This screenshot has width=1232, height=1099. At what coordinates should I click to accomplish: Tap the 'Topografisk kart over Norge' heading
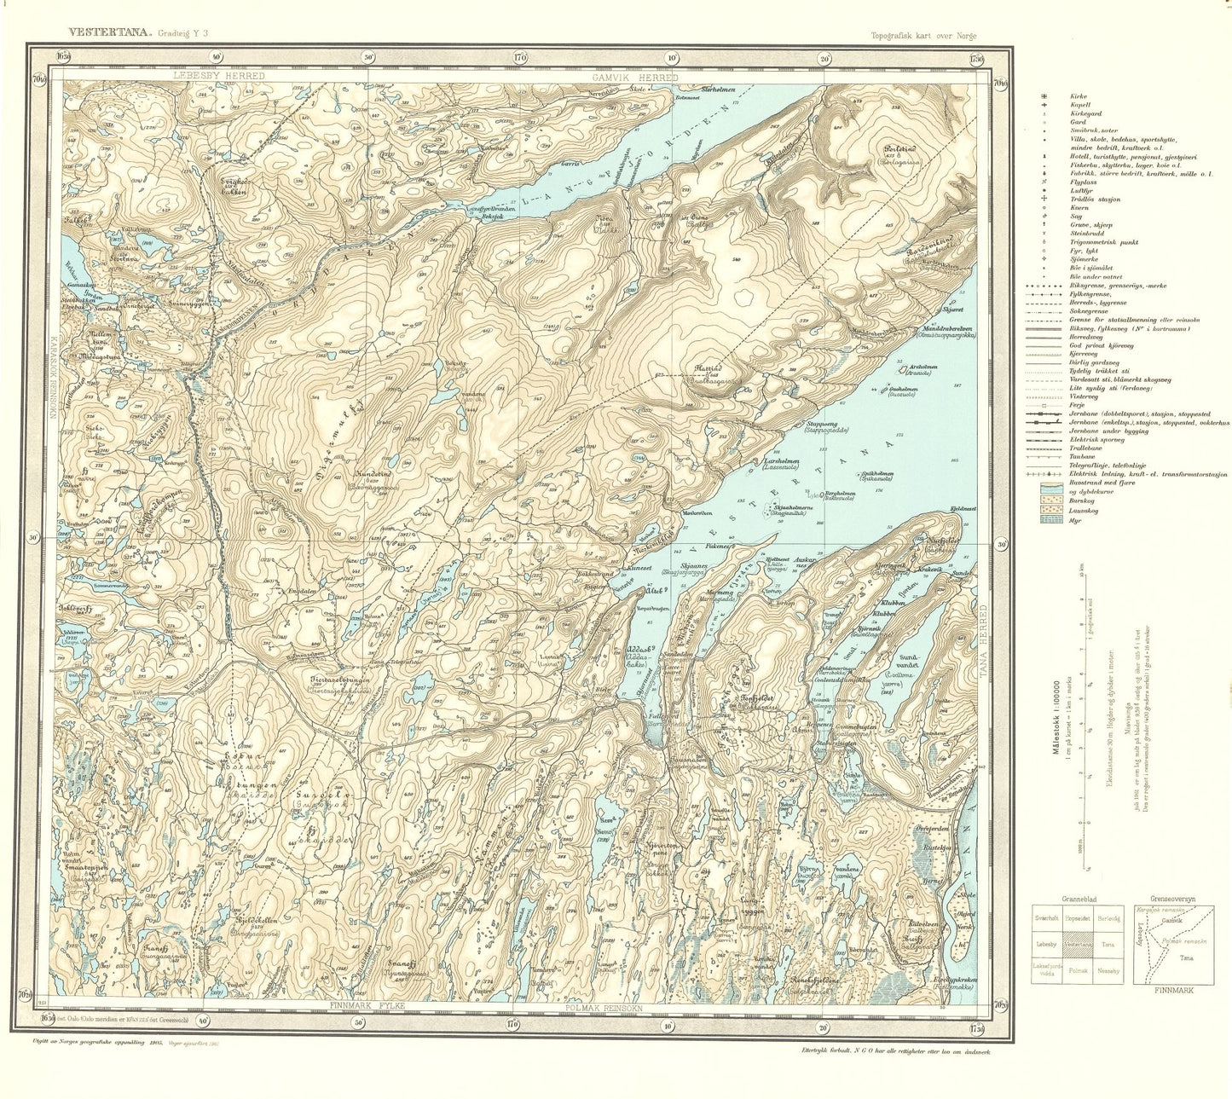(923, 35)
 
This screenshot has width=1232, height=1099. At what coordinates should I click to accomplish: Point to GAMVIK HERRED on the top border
(634, 78)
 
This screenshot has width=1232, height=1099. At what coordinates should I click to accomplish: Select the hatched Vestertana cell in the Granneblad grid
(1079, 945)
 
